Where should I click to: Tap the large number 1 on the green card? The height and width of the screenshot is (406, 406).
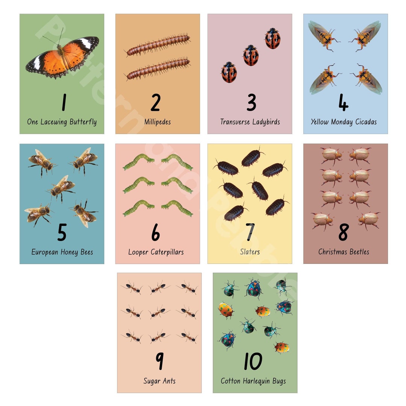64,102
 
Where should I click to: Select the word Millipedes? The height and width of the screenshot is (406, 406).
158,122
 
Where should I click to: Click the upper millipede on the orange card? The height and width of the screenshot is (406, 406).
158,44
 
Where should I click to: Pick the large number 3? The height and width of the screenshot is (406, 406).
251,102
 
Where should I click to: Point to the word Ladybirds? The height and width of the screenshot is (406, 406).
266,122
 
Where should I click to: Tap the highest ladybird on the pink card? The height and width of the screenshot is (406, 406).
273,38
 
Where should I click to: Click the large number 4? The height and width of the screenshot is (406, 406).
343,102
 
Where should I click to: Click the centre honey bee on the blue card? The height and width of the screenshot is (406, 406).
62,188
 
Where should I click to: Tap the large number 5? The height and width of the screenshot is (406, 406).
62,232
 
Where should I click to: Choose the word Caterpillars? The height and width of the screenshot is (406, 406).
167,252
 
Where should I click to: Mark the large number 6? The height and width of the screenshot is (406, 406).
156,232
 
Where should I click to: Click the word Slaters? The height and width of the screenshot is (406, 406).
250,251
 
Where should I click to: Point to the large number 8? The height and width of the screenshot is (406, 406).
344,232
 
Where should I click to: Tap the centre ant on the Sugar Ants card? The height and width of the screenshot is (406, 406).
159,312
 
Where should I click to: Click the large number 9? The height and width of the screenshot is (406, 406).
159,361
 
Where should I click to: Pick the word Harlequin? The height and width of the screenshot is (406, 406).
253,381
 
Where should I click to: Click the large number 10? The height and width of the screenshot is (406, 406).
253,361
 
